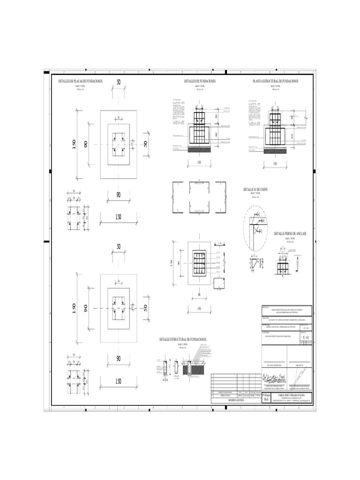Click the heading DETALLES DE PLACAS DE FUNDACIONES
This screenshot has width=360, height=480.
point(80,82)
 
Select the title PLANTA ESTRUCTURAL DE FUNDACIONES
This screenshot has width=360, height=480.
point(275,82)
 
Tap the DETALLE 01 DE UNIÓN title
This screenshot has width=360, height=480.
point(255,189)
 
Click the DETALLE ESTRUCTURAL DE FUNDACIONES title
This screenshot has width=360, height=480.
point(183,339)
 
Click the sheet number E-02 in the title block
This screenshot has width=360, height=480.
point(306,337)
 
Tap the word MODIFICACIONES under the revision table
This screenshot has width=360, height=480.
point(236,401)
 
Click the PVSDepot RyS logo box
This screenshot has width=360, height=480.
point(267,398)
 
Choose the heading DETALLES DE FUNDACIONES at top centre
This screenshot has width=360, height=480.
point(200,82)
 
